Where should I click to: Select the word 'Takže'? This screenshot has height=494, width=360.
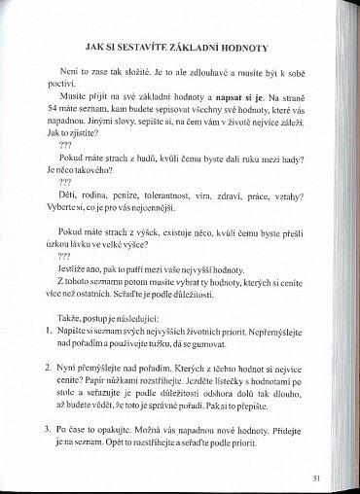(x=69, y=331)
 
